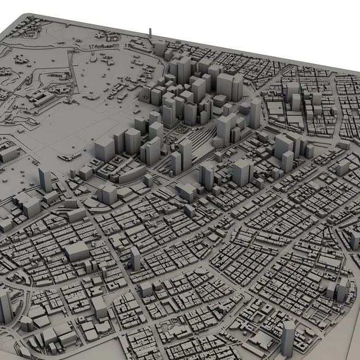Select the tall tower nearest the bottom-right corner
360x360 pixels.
[288, 337]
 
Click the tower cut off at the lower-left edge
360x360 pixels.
[5, 305]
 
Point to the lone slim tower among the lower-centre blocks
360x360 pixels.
[135, 258]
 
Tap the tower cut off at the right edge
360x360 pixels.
[355, 238]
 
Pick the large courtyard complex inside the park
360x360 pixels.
[43, 98]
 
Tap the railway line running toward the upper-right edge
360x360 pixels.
[271, 81]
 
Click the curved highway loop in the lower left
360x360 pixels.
[23, 282]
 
